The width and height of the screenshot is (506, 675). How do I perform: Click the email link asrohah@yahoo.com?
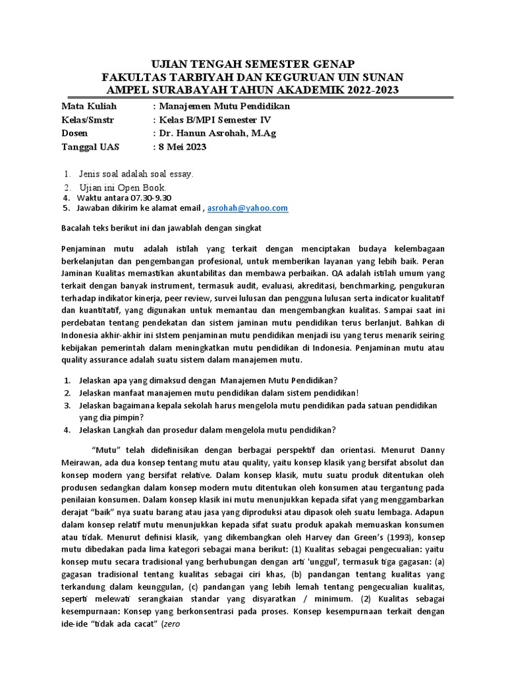[248, 208]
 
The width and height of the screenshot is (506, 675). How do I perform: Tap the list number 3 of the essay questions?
[67, 406]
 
